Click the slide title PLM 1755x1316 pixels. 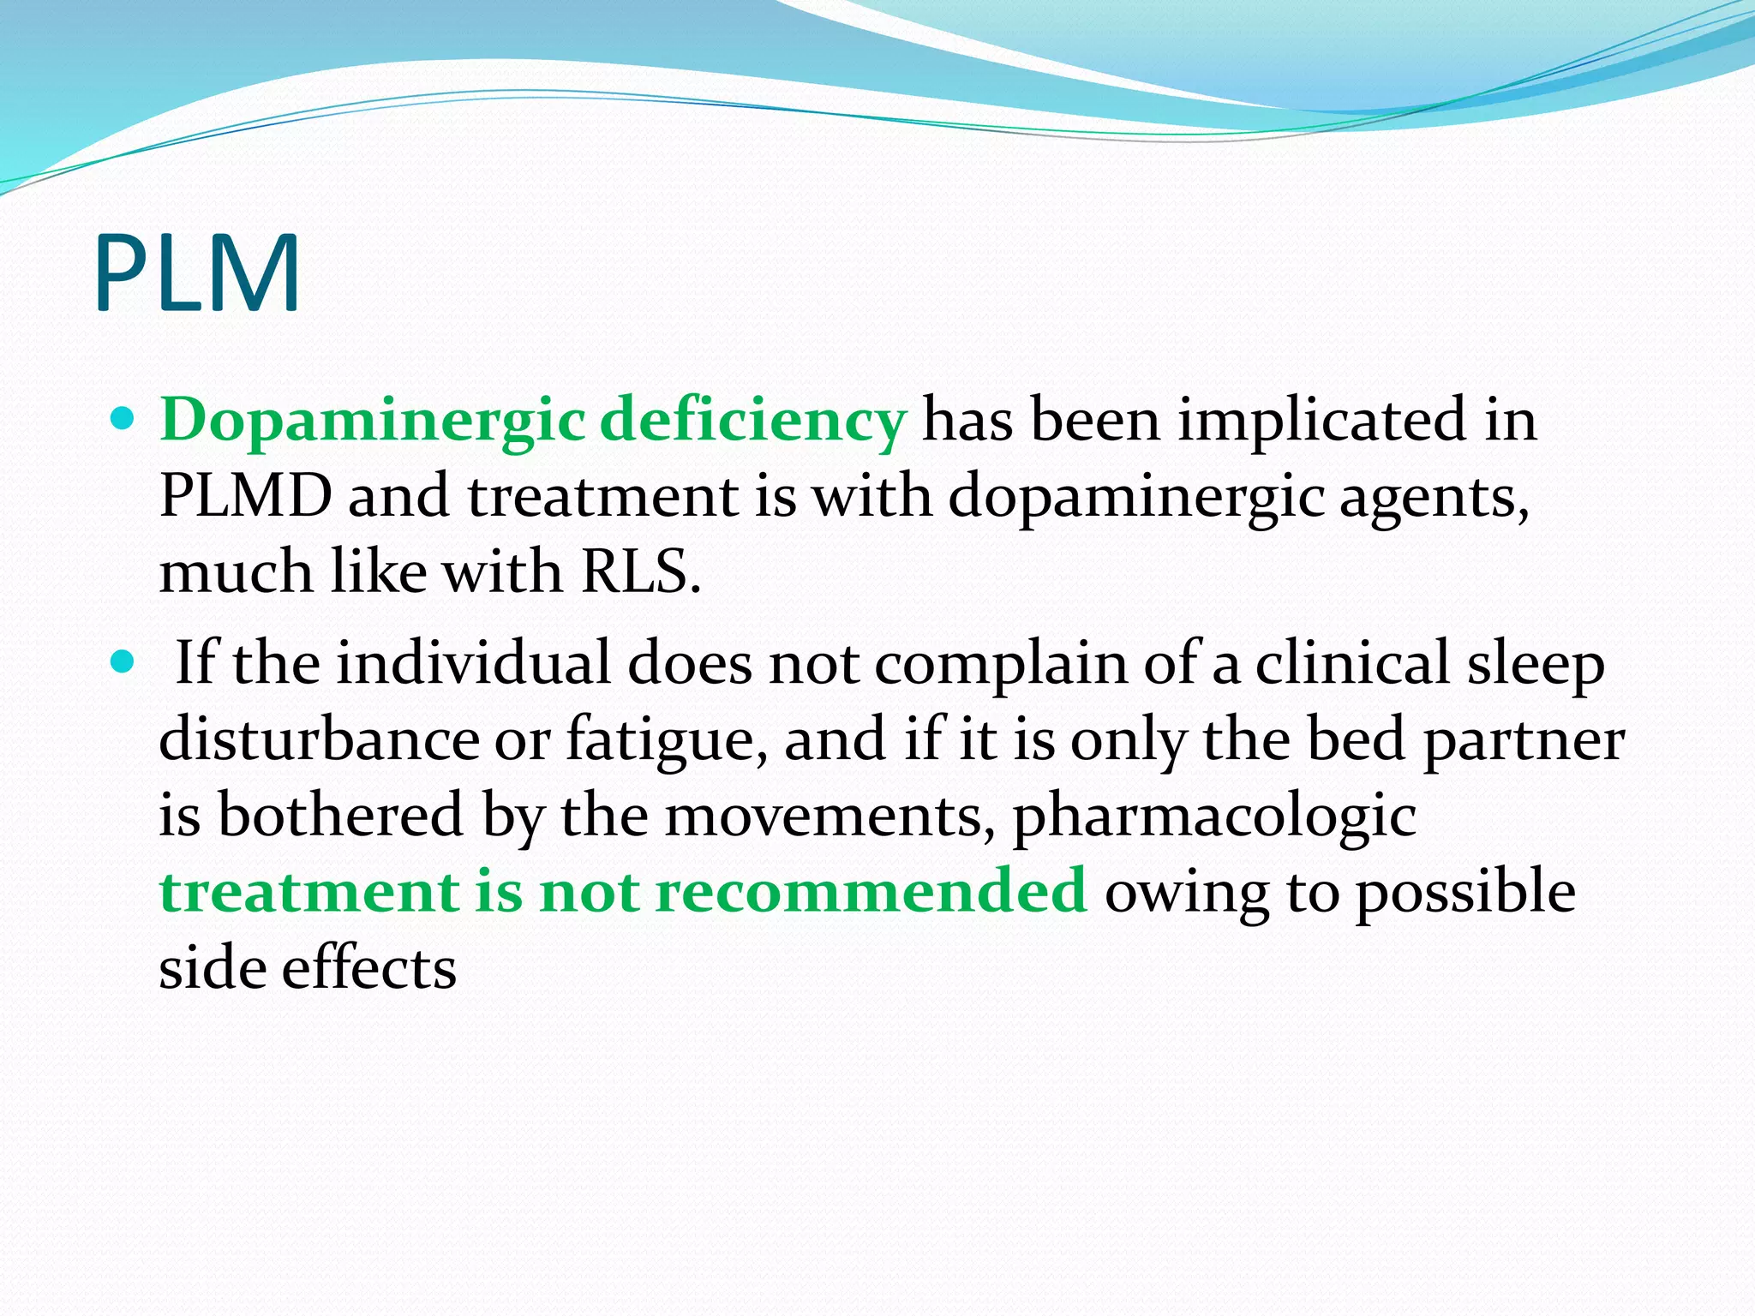click(197, 273)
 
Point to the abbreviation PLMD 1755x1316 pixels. click(246, 496)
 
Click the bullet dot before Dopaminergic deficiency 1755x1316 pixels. click(124, 419)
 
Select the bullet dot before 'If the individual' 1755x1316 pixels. click(124, 662)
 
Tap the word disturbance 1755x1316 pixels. click(319, 739)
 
